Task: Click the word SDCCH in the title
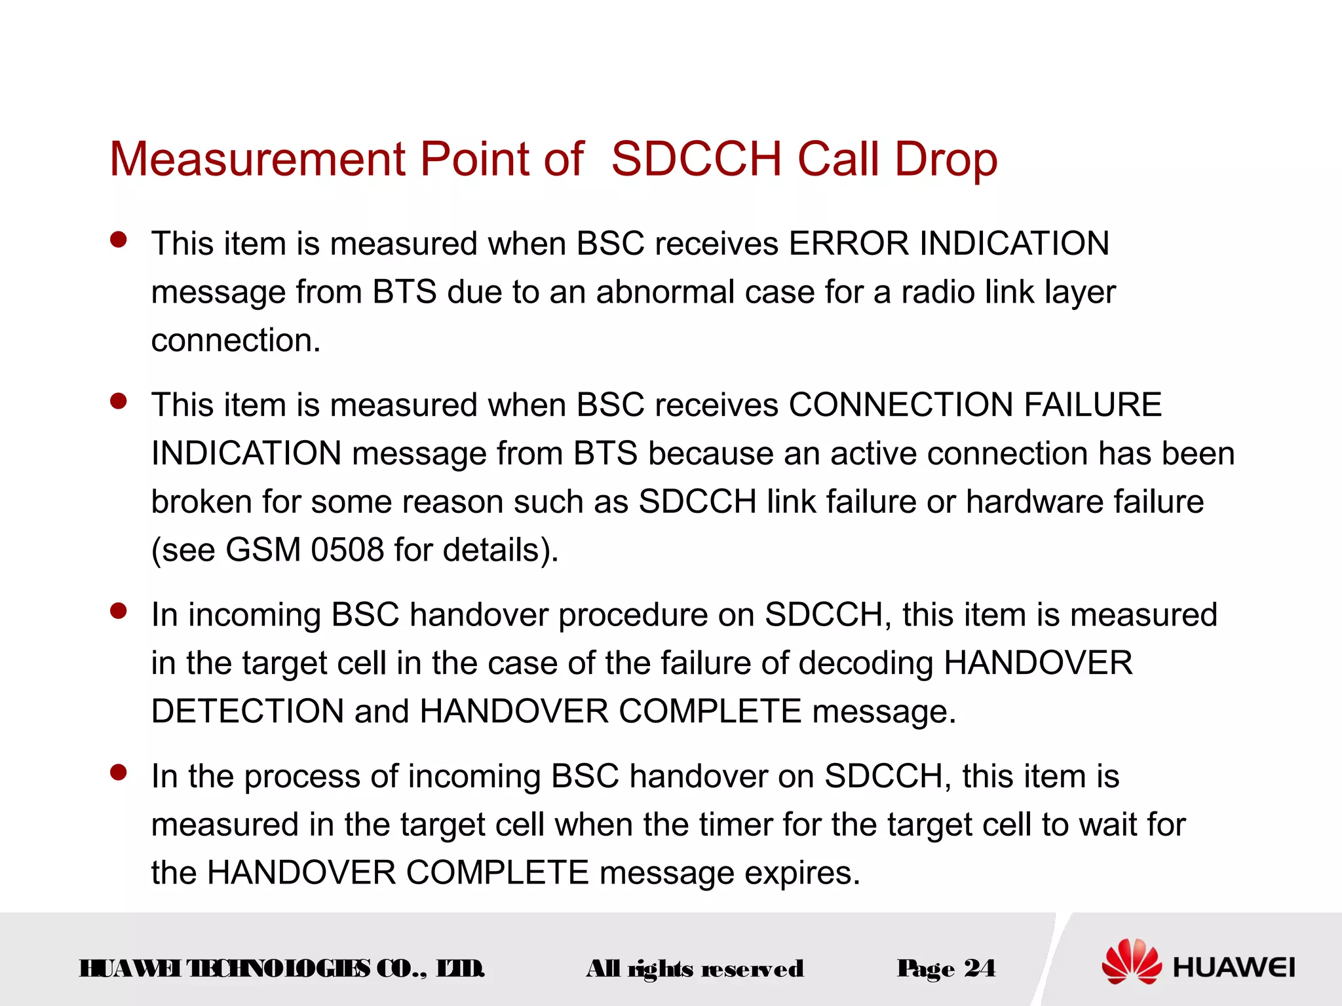pos(696,159)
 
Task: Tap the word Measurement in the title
pos(258,159)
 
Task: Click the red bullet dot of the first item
pos(119,240)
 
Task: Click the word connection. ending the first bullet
pos(236,341)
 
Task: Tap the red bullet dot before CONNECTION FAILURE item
pos(119,401)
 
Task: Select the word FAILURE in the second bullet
pos(1092,405)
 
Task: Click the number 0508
pos(347,550)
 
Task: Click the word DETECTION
pos(247,711)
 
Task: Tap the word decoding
pos(866,663)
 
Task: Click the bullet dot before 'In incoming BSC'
pos(119,611)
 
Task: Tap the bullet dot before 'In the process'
pos(119,772)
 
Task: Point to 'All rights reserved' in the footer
pos(695,969)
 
